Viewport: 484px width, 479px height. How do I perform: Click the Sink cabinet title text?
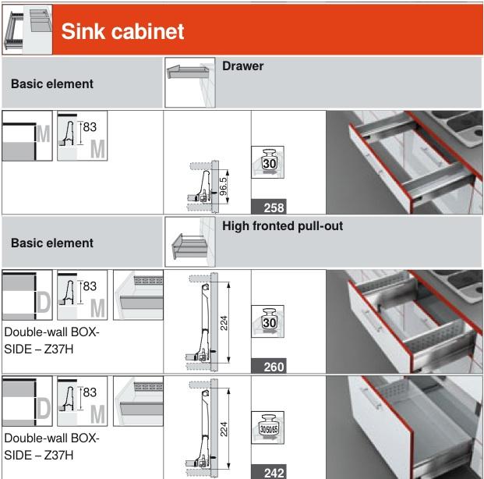click(x=122, y=31)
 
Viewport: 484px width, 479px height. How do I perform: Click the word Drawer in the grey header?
click(x=242, y=66)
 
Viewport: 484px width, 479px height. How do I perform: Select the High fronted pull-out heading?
click(x=282, y=226)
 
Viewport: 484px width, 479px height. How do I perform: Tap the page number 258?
click(x=274, y=208)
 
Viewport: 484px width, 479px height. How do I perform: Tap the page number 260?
click(x=274, y=367)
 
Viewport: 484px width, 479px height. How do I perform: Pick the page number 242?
click(x=274, y=473)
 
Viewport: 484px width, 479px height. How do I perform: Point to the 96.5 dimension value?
click(x=223, y=186)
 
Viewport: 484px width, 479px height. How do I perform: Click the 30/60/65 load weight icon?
click(x=267, y=428)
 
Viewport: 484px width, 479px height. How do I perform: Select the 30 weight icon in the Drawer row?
click(x=267, y=162)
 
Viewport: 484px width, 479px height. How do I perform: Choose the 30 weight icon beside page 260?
click(x=267, y=321)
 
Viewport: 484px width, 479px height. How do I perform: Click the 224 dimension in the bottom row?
click(x=224, y=429)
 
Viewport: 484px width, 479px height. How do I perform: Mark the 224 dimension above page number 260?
click(x=224, y=323)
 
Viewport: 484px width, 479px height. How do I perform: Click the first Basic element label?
click(x=52, y=83)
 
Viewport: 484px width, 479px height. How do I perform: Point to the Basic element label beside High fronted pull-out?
click(x=52, y=243)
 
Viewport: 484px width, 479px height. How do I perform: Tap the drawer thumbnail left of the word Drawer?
click(x=190, y=83)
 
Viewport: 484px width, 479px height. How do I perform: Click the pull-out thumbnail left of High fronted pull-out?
click(x=190, y=242)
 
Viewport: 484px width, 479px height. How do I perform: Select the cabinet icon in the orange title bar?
click(x=27, y=30)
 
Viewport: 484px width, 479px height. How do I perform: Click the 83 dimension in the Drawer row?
click(x=90, y=126)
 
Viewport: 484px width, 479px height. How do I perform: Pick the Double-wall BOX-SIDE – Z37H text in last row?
click(x=51, y=446)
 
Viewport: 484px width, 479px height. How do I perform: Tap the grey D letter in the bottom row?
click(x=44, y=408)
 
